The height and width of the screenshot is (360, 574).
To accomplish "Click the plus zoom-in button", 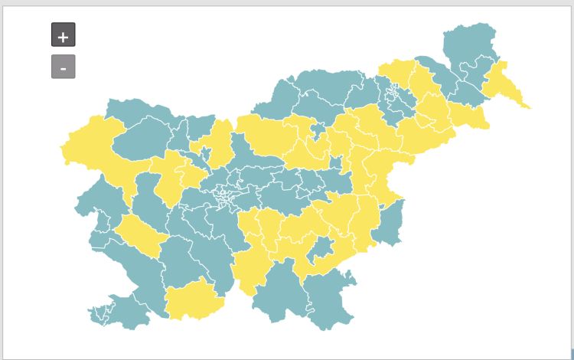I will tap(63, 35).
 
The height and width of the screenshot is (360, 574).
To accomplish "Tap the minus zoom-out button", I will tap(63, 67).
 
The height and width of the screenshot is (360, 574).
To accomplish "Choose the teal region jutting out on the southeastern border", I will tap(389, 222).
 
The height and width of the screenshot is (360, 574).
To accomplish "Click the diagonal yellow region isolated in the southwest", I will tap(141, 234).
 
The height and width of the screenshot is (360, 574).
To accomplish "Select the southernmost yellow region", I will tap(193, 299).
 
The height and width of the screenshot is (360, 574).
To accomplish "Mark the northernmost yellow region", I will tap(397, 72).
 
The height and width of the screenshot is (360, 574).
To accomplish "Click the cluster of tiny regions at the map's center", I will tap(227, 195).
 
